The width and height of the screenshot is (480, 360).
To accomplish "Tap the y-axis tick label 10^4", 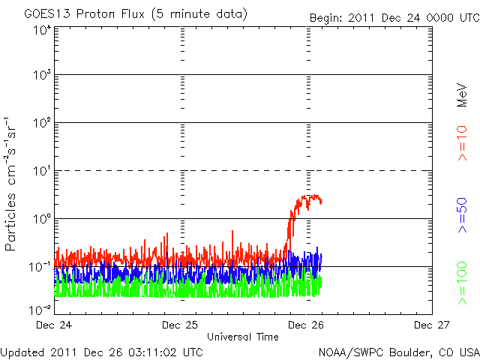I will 41,30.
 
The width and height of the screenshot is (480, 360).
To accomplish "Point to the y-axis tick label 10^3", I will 41,76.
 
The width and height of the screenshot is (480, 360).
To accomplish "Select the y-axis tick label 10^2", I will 41,123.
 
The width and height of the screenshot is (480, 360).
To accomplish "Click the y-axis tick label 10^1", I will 41,171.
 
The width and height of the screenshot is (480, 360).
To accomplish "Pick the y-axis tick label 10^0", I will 41,218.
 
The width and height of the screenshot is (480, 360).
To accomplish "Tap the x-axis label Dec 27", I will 431,325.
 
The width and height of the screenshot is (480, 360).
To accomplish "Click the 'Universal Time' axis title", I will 242,337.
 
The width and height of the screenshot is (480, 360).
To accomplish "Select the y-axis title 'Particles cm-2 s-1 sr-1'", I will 13,183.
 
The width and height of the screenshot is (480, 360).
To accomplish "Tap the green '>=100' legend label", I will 463,283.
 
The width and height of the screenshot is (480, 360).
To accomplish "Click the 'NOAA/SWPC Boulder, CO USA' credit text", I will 398,351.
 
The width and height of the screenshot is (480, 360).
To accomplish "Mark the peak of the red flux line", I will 308,196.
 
